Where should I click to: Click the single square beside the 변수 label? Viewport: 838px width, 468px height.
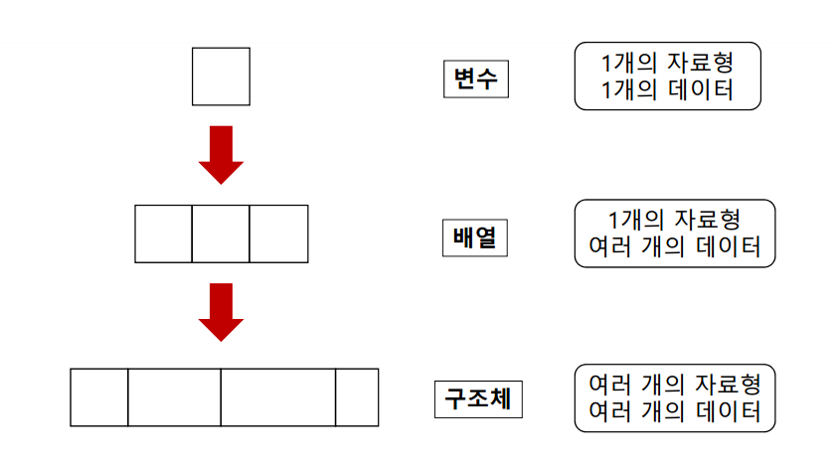click(x=221, y=76)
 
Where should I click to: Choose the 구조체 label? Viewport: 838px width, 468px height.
click(x=477, y=398)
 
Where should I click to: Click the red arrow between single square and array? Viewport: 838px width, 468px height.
click(x=221, y=154)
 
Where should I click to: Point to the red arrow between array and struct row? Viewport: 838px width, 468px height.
click(x=221, y=312)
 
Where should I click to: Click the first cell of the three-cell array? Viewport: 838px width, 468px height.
click(x=163, y=234)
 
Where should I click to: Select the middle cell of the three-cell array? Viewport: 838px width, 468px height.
click(x=221, y=234)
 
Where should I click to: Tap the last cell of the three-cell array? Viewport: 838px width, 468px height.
click(x=278, y=234)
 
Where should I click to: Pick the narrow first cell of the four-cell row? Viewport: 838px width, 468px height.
click(x=99, y=397)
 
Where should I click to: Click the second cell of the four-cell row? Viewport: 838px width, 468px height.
click(x=174, y=397)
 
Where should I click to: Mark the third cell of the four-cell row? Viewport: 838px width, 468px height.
click(x=278, y=397)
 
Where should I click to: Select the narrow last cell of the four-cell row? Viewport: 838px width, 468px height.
click(x=357, y=397)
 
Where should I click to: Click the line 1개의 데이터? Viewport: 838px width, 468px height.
click(x=667, y=90)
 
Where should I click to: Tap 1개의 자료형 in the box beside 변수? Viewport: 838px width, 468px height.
click(x=667, y=63)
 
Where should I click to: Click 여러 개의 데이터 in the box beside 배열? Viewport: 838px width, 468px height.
click(x=674, y=247)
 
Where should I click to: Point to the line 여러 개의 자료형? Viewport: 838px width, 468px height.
click(x=674, y=384)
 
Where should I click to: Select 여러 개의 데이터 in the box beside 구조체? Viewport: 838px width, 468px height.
click(x=674, y=411)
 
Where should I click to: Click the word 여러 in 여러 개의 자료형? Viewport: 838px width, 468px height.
click(x=608, y=384)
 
